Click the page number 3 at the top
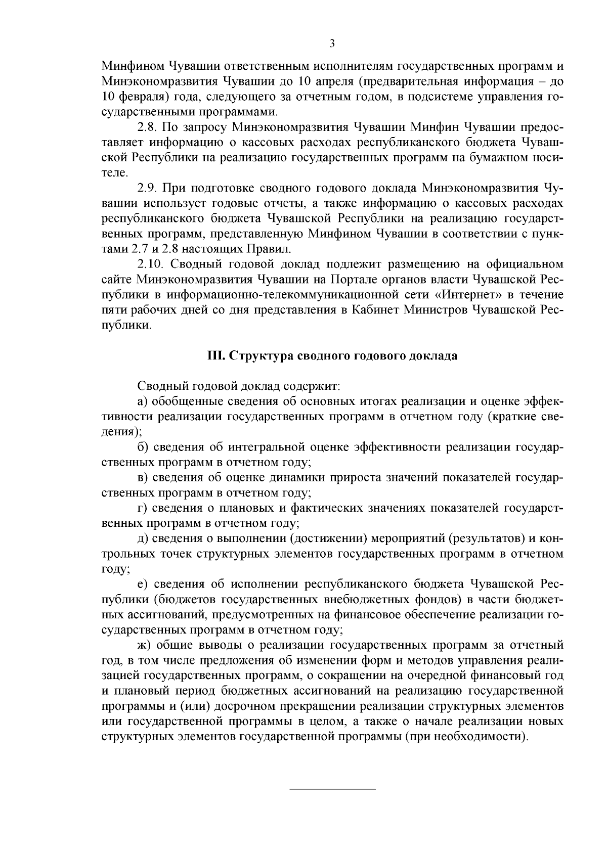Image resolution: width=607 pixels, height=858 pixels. point(332,43)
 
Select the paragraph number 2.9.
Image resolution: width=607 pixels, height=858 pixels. point(147,189)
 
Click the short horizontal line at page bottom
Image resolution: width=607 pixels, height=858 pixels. point(332,789)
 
